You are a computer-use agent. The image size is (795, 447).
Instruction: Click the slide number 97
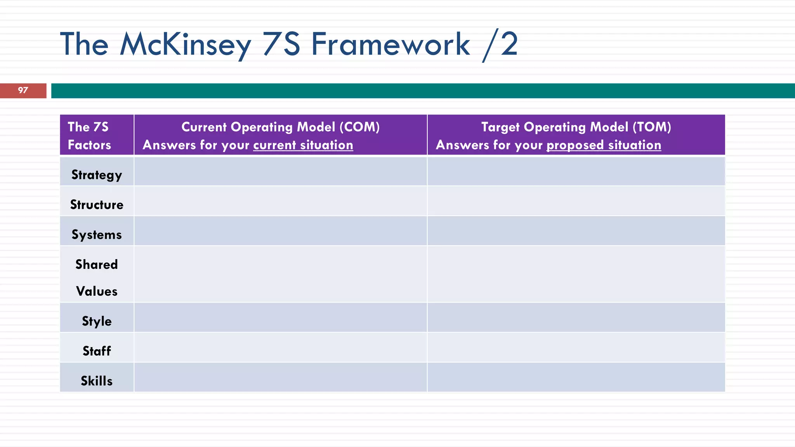pos(23,90)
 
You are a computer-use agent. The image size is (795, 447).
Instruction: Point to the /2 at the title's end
pos(500,45)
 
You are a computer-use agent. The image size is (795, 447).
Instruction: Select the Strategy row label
pos(97,175)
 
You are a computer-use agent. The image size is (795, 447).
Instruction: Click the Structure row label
pos(97,204)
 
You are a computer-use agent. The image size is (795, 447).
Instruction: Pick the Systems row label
pos(97,234)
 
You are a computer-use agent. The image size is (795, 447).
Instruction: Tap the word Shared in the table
pos(97,264)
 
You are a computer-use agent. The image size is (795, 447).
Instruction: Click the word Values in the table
pos(97,291)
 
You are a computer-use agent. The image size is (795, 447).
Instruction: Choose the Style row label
pos(97,321)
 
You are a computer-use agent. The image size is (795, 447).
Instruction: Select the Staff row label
pos(97,351)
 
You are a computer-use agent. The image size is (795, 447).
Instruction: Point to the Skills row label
pos(97,381)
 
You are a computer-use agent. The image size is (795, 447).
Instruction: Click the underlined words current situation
pos(303,145)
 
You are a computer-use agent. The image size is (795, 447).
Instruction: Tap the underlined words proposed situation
pos(604,145)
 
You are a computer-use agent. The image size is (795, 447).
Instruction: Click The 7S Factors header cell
pos(89,135)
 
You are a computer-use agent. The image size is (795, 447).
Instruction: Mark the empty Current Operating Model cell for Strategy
pos(280,171)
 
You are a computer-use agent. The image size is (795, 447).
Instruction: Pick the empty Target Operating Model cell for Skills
pos(576,377)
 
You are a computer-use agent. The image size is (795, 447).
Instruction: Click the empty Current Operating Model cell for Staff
pos(280,347)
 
